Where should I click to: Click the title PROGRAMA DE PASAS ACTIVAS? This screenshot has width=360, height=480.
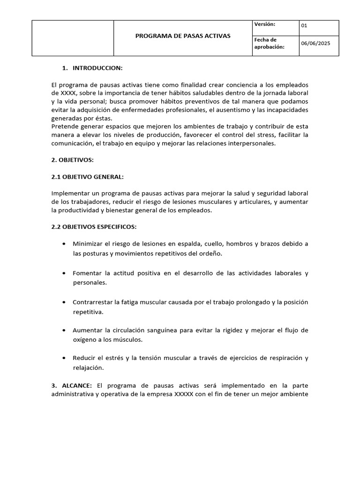pos(183,36)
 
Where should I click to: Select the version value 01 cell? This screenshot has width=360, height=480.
pos(319,26)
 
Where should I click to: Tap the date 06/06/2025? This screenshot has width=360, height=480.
pos(315,44)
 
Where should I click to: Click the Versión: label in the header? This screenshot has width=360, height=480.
pos(264,24)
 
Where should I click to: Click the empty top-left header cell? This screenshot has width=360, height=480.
pos(73,38)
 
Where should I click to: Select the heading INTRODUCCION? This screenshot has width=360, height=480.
pos(97,68)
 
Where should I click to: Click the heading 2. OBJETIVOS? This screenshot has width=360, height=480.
pos(73,160)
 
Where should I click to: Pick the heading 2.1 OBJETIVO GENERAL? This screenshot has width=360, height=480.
pos(88,177)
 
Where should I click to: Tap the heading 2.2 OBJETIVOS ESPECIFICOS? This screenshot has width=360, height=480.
pos(94,227)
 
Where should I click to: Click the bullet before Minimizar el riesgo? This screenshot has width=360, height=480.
pos(64,244)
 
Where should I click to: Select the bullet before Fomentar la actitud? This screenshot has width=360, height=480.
pos(64,273)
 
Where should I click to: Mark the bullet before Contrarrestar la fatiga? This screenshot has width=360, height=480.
pos(64,302)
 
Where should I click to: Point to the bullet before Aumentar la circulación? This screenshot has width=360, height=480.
pos(64,330)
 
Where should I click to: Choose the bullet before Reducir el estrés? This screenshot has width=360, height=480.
pos(64,359)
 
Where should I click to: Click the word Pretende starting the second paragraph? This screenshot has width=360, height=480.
pos(64,127)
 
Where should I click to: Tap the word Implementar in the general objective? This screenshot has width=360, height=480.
pos(70,194)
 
